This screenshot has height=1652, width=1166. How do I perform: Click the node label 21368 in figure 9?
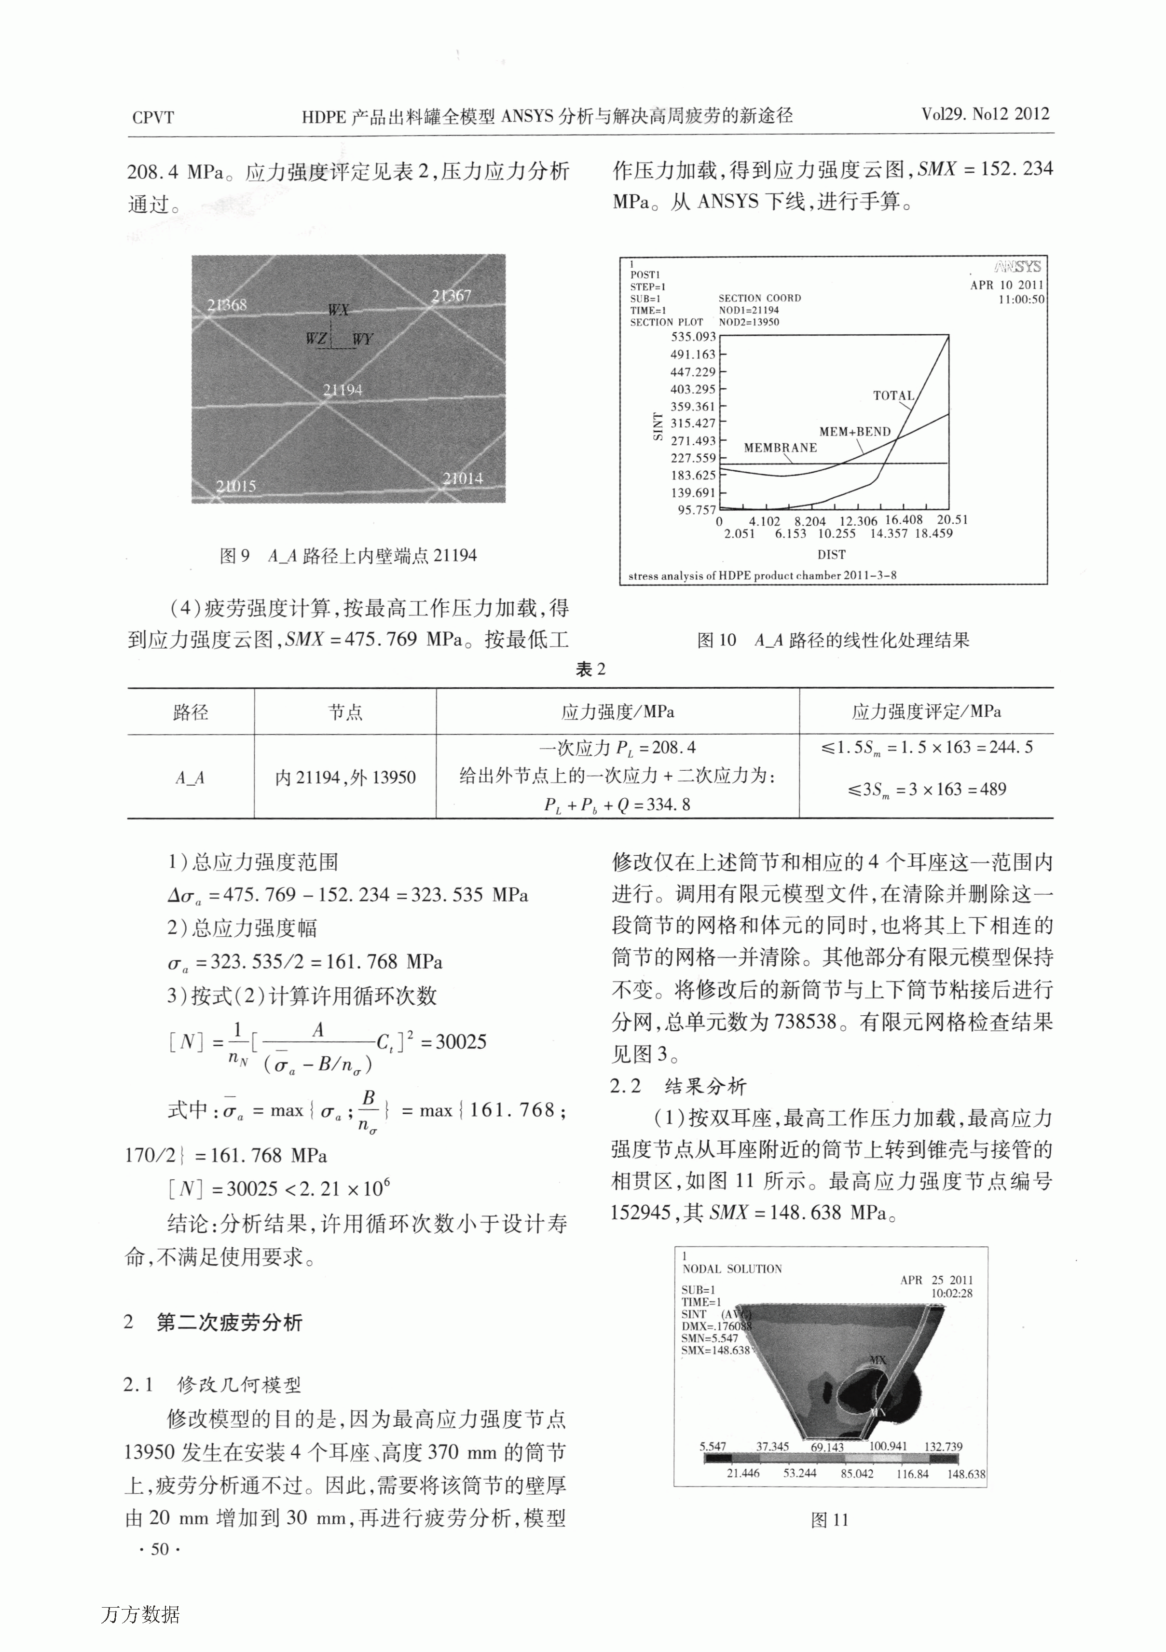(x=227, y=304)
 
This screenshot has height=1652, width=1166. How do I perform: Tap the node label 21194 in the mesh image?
(x=343, y=390)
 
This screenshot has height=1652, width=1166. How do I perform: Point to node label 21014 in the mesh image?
(x=463, y=478)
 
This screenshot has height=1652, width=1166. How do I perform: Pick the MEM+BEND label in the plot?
(x=855, y=432)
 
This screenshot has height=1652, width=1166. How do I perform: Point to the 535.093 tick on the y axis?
(x=693, y=337)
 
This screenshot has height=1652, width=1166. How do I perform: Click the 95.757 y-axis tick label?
(x=696, y=510)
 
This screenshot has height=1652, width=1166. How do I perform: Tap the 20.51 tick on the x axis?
(x=952, y=519)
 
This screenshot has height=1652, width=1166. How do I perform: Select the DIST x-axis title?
(x=831, y=555)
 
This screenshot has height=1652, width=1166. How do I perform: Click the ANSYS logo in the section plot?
(x=1018, y=267)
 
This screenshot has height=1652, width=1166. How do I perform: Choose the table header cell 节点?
(x=345, y=712)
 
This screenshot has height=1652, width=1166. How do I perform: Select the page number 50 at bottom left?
(x=159, y=1549)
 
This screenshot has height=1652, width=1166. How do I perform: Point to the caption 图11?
(x=830, y=1520)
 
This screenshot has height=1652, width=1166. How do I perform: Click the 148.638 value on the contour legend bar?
(x=966, y=1474)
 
